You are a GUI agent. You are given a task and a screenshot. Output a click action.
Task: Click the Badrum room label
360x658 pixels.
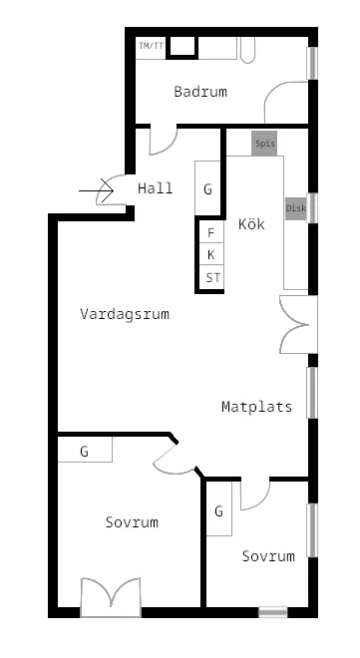click(x=199, y=92)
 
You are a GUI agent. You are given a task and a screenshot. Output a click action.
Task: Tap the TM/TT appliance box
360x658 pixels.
click(x=150, y=46)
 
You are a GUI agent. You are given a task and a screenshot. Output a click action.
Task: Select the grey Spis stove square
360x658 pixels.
click(x=264, y=144)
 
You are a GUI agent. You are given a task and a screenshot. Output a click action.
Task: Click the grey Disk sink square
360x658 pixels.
click(x=296, y=208)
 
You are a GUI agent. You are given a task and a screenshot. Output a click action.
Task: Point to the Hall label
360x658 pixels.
click(x=156, y=188)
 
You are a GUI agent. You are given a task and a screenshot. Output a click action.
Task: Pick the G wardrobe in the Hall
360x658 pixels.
click(x=207, y=188)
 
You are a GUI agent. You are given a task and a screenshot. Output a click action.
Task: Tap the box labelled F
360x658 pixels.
click(x=210, y=233)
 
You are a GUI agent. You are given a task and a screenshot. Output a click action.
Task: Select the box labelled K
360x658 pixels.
click(x=210, y=255)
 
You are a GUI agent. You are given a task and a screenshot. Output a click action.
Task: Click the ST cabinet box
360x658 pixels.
click(x=211, y=278)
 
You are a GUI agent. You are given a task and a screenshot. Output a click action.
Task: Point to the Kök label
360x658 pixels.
click(x=251, y=224)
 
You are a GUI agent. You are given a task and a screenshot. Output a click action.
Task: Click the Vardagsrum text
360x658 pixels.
click(x=125, y=314)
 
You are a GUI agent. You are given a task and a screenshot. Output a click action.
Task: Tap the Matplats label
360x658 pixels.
click(x=256, y=407)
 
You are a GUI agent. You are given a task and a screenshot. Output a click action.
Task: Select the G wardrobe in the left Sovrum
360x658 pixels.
click(x=85, y=452)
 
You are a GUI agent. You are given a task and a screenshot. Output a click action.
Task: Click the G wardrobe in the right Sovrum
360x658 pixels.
click(x=218, y=511)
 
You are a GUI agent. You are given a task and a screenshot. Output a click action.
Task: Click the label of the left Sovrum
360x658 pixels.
click(x=132, y=522)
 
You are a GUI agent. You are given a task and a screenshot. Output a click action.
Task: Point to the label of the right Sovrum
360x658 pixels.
click(x=268, y=556)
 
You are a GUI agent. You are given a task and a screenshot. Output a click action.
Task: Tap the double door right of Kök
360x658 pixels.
click(x=298, y=324)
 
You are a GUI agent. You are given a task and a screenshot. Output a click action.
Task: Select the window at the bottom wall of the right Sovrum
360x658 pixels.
click(x=272, y=611)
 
